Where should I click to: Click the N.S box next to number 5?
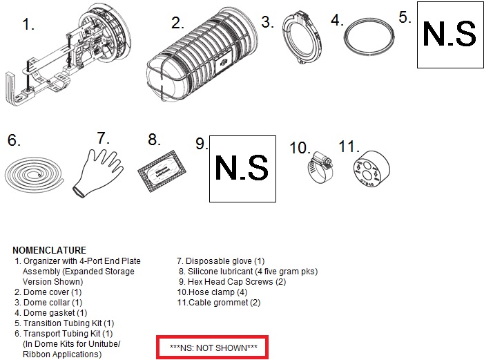pyautogui.click(x=450, y=35)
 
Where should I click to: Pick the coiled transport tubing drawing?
pyautogui.click(x=34, y=187)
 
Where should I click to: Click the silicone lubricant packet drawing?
pyautogui.click(x=162, y=171)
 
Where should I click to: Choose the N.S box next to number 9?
pyautogui.click(x=243, y=169)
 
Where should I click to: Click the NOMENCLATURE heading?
pyautogui.click(x=49, y=250)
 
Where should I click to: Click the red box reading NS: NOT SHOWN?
pyautogui.click(x=212, y=336)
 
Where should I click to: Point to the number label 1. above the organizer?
pyautogui.click(x=28, y=24)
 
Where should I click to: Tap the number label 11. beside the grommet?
pyautogui.click(x=349, y=146)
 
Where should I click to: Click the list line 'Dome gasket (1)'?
pyautogui.click(x=51, y=313)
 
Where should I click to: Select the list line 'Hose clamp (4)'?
pyautogui.click(x=212, y=292)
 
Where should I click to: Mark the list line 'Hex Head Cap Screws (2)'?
pyautogui.click(x=233, y=282)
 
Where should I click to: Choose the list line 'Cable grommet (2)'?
pyautogui.click(x=219, y=303)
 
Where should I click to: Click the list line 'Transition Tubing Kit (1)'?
pyautogui.click(x=64, y=323)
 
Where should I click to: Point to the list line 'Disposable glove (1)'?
pyautogui.click(x=221, y=261)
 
